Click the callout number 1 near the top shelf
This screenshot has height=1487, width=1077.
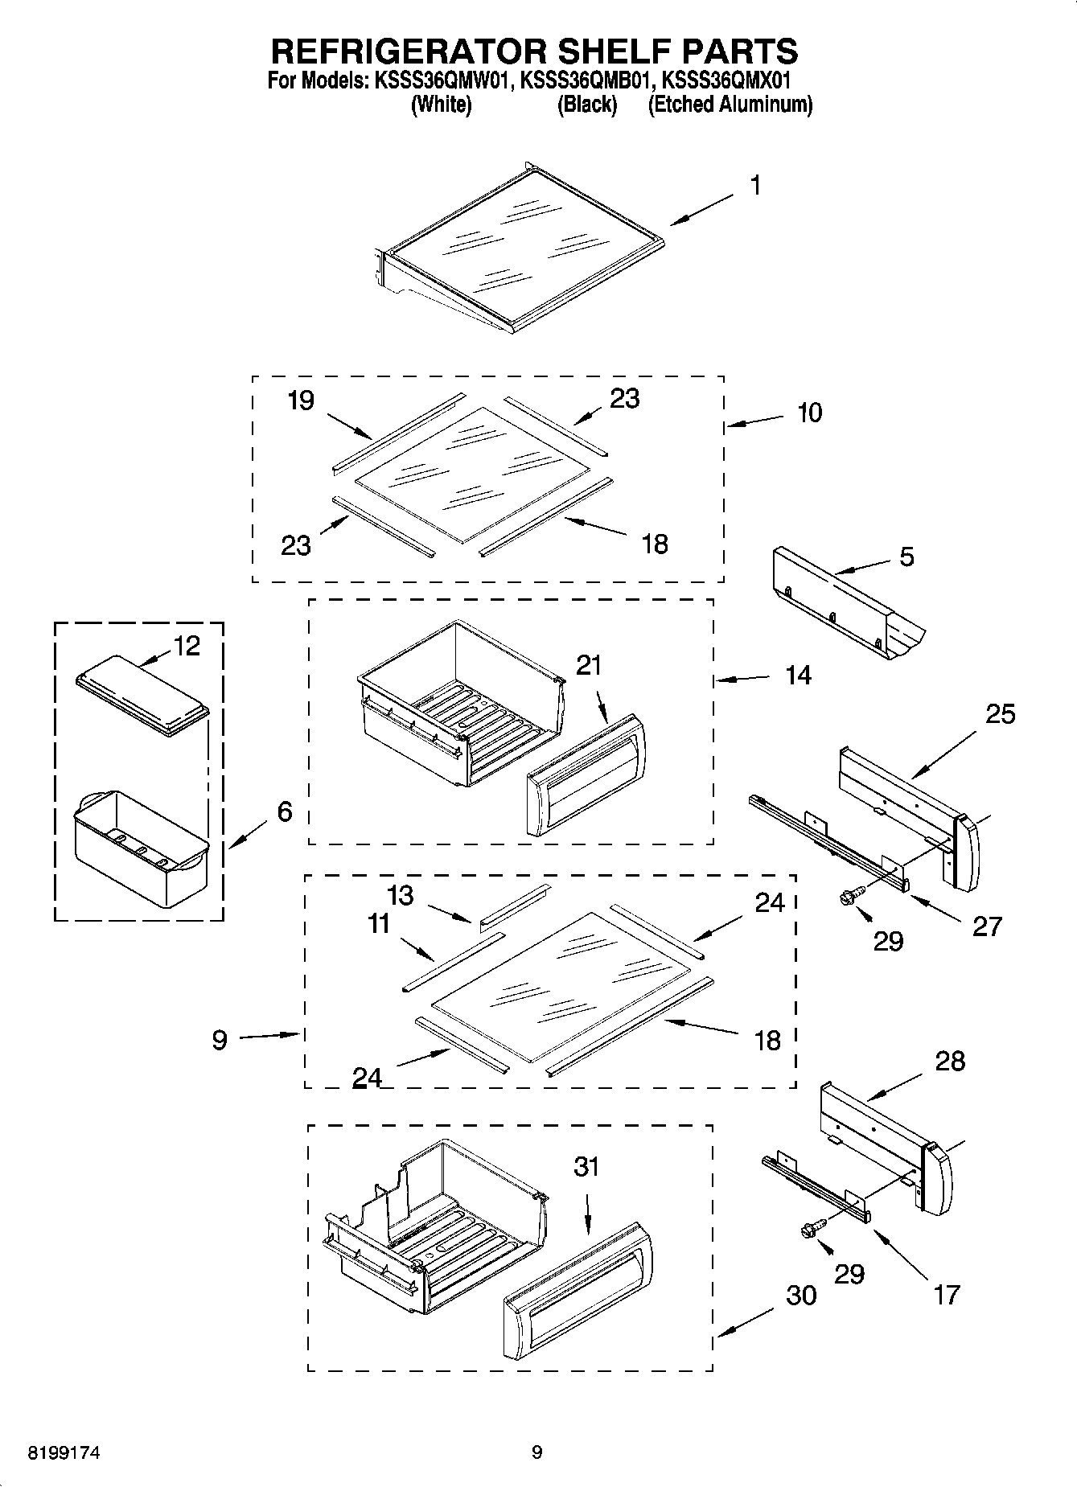[755, 186]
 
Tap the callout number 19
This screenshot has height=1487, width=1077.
[301, 400]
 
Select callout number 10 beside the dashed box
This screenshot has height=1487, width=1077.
[809, 413]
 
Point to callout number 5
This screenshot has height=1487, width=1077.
[906, 557]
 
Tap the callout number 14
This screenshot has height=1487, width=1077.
[798, 676]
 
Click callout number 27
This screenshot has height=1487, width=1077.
[987, 926]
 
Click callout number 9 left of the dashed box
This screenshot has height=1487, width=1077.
[220, 1040]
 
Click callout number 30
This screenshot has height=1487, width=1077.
[801, 1295]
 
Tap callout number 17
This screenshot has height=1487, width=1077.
[947, 1294]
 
